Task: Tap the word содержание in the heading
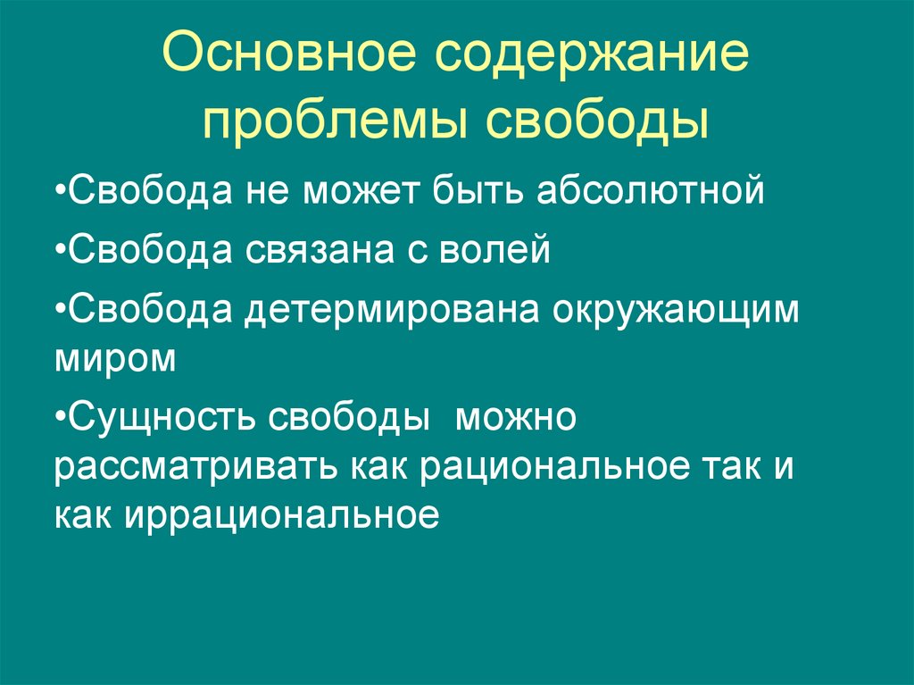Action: point(592,57)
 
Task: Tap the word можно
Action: point(517,417)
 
